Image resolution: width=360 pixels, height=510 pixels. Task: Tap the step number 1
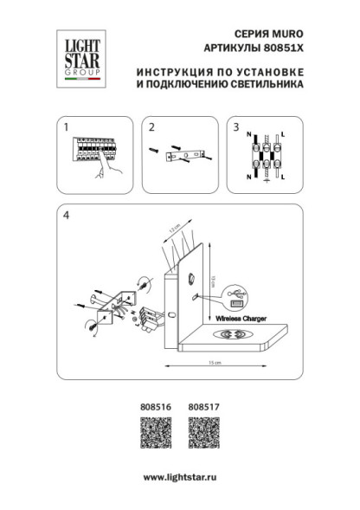tap(66, 127)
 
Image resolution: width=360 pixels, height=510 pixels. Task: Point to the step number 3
tap(235, 127)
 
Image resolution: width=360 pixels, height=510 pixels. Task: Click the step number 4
tap(66, 216)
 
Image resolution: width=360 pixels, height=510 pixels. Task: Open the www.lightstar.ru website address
tap(179, 477)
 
